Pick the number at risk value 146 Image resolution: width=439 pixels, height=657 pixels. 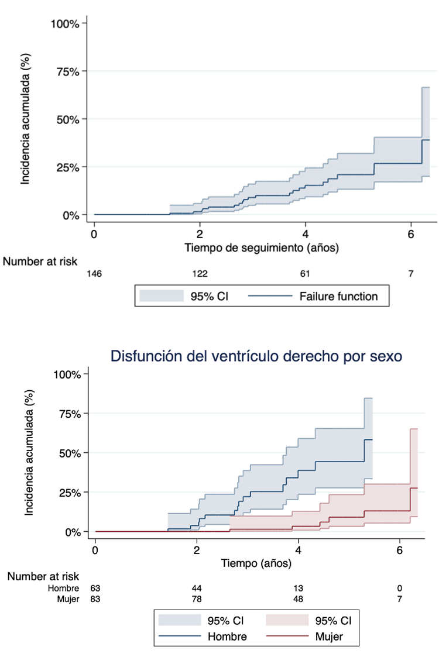click(94, 273)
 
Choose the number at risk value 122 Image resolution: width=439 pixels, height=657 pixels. click(200, 273)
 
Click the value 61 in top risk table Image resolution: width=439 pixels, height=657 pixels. click(305, 273)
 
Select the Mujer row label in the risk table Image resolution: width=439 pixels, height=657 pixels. click(68, 598)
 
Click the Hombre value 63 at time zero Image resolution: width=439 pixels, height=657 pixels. click(95, 587)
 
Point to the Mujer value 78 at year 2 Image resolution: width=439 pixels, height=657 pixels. click(197, 598)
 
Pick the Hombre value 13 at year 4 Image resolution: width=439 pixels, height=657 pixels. click(299, 587)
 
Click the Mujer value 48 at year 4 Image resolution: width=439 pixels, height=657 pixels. click(299, 598)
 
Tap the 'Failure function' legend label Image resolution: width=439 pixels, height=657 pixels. click(338, 297)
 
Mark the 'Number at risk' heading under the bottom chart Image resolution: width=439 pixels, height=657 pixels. click(43, 576)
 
